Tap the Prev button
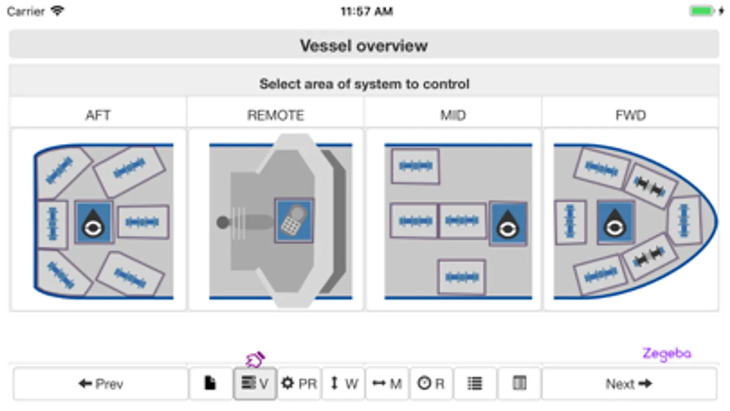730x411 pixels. point(101,384)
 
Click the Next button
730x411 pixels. point(629,384)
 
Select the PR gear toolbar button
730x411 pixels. point(299,384)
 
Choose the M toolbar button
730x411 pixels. point(387,384)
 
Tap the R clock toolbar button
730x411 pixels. point(431,384)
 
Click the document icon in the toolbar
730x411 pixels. point(210,384)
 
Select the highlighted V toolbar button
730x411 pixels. point(255,384)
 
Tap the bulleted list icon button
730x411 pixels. point(475,384)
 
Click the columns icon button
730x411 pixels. point(520,384)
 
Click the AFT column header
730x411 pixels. point(98,115)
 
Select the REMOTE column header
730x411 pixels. point(275,115)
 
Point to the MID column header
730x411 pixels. point(453,115)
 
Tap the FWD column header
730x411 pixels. point(630,115)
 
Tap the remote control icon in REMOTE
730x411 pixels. point(294,221)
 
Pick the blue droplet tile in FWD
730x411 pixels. point(615,222)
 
